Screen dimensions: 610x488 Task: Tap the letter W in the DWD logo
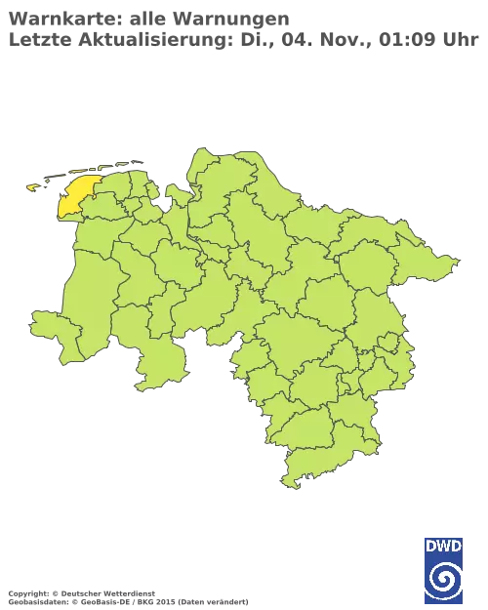click(x=444, y=546)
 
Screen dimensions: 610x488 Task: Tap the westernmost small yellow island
click(x=33, y=186)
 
